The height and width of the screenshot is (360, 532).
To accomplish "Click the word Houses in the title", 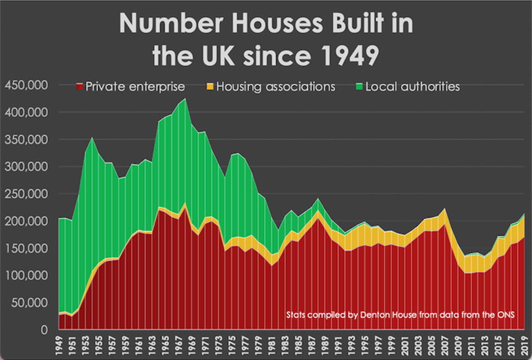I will point(271,25).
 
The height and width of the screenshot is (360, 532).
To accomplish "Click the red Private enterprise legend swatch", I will point(78,87).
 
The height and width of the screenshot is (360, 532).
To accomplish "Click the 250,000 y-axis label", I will point(26,193).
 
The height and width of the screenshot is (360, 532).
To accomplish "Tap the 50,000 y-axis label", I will point(29,303).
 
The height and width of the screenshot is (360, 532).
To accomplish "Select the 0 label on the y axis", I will point(45,330).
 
